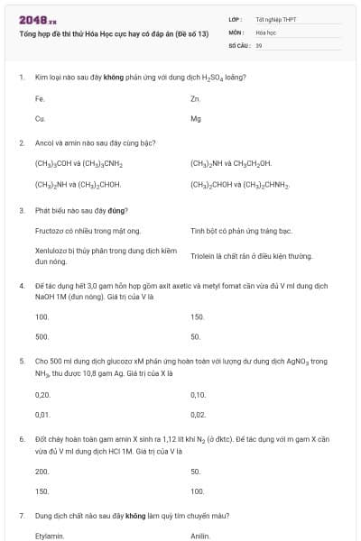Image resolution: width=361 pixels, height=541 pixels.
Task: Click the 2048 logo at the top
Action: coord(37,20)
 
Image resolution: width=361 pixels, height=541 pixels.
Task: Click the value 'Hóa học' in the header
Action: coord(265,32)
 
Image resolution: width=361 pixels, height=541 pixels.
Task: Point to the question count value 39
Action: coord(259,44)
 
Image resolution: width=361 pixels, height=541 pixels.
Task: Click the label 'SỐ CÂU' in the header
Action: coord(238,44)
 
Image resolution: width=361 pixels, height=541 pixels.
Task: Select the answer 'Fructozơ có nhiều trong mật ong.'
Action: coord(88,231)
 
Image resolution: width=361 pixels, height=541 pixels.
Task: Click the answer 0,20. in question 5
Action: coord(42,394)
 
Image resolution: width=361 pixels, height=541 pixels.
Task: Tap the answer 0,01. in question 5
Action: coord(42,415)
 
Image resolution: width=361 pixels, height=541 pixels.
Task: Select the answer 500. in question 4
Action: coord(42,337)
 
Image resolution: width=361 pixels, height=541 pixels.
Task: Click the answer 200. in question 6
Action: coord(42,471)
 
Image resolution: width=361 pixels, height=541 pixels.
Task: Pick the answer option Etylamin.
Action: coord(49,535)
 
